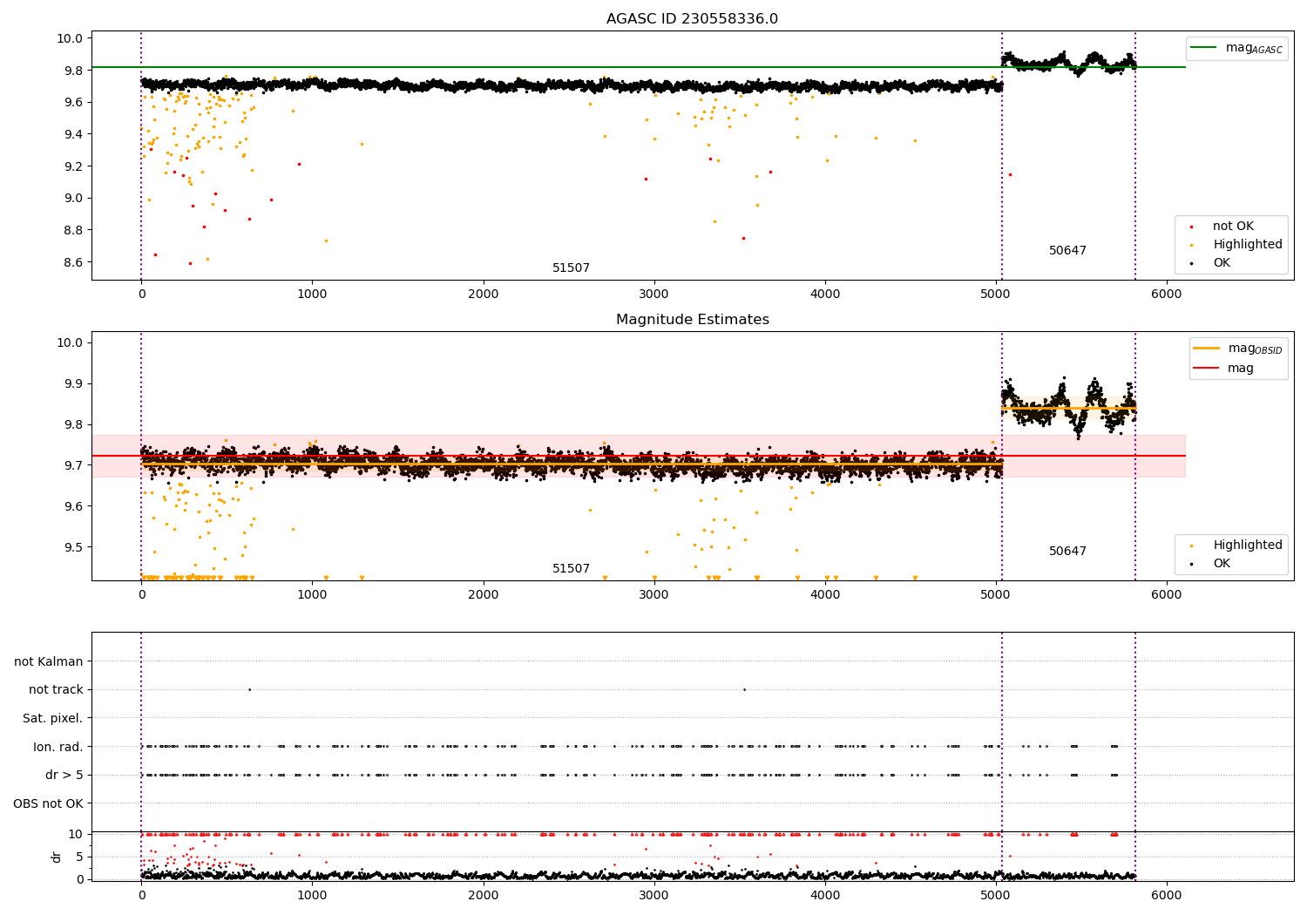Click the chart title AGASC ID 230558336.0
point(692,19)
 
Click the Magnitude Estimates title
point(692,320)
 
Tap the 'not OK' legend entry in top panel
point(1233,227)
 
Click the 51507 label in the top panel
point(571,268)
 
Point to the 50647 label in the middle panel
point(1067,552)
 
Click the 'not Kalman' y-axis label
point(49,661)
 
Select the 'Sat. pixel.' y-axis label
point(52,718)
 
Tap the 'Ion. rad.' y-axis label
point(58,747)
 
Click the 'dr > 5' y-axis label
point(64,775)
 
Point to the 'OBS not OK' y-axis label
point(48,803)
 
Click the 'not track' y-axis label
point(56,690)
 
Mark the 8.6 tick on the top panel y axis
point(71,262)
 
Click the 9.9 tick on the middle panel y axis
point(71,383)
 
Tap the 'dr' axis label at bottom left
point(57,857)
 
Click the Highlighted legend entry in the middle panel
point(1247,546)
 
